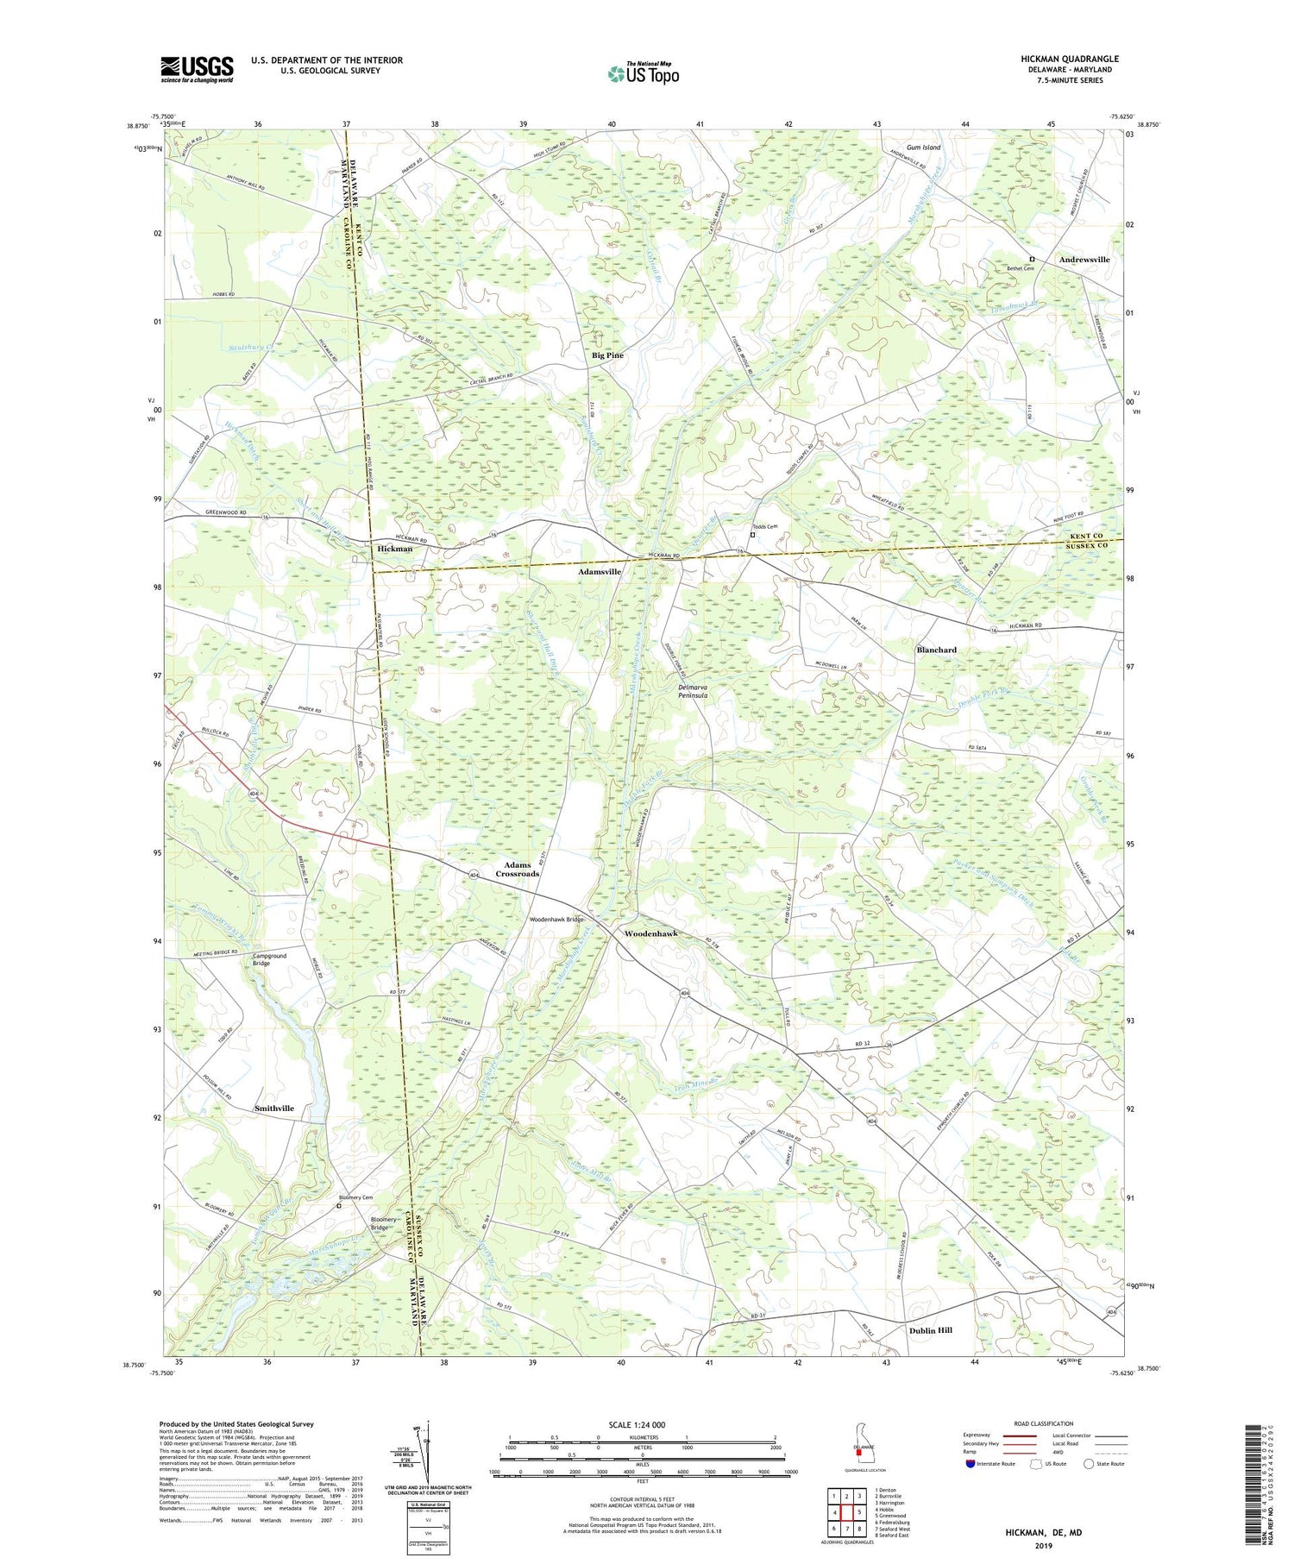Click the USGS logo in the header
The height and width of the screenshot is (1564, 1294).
tap(197, 69)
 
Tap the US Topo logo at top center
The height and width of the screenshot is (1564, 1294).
tap(643, 73)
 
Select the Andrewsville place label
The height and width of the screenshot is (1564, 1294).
tap(1084, 260)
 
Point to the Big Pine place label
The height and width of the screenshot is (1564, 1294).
tap(607, 355)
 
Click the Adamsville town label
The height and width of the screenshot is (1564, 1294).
tap(599, 572)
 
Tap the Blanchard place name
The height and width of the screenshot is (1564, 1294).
tap(936, 650)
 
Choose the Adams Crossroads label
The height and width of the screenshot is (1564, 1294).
tap(517, 869)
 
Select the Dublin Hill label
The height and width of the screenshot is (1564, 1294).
tap(930, 1330)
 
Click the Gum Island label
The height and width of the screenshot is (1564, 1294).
tap(923, 148)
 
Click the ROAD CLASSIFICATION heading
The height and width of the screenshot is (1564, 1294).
tap(1044, 1423)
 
